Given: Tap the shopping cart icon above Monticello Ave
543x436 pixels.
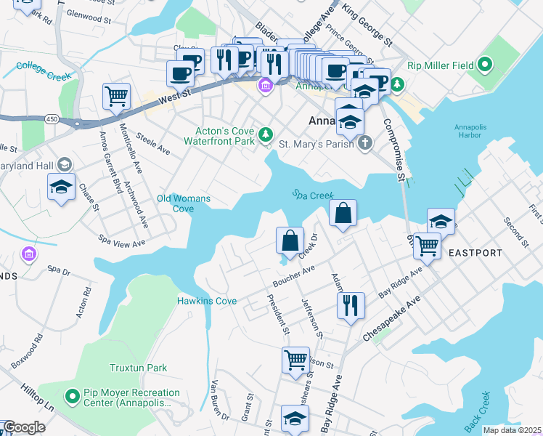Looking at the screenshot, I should point(116,96).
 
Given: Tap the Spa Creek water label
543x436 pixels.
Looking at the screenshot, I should point(313,195).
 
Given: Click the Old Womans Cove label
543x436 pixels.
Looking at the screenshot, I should point(184,203).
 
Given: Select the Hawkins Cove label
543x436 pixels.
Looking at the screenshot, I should point(207,300).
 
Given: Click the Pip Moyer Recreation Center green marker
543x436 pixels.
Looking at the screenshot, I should point(72,397).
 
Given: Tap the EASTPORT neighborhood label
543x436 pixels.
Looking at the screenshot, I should point(475,253).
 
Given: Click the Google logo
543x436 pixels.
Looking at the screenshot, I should point(24,427).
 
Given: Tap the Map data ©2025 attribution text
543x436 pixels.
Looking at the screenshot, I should point(512,430).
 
